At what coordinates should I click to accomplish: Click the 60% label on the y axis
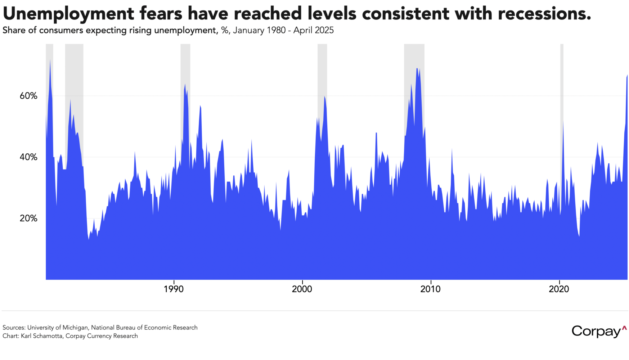click(x=28, y=96)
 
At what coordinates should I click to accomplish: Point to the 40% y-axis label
click(x=28, y=157)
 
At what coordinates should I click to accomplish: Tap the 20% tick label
click(x=28, y=218)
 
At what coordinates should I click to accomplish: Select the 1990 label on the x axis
click(x=174, y=289)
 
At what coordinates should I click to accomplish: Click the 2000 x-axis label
click(x=302, y=289)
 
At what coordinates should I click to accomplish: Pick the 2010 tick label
click(x=430, y=289)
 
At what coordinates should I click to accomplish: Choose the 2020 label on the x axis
click(x=559, y=289)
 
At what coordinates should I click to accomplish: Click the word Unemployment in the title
click(x=68, y=14)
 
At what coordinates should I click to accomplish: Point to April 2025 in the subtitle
click(x=313, y=30)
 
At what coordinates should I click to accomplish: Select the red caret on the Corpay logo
click(x=624, y=328)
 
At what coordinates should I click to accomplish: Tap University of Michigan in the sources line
click(x=58, y=328)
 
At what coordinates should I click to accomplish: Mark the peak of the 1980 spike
click(x=50, y=60)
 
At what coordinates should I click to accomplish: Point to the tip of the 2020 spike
click(x=563, y=122)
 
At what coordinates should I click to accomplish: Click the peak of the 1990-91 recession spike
click(x=185, y=85)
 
